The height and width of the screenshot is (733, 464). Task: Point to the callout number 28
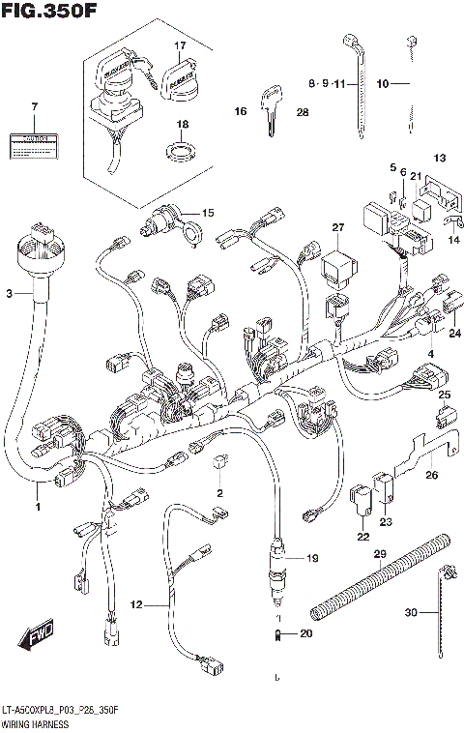click(302, 113)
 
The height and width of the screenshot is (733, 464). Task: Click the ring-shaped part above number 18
click(181, 150)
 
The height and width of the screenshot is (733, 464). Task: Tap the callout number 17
click(179, 46)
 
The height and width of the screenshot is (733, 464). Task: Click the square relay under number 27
click(338, 261)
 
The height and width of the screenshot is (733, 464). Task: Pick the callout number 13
click(439, 158)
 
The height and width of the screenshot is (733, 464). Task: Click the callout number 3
click(11, 293)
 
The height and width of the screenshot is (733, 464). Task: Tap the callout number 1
click(38, 507)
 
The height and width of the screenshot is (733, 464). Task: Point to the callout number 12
click(136, 605)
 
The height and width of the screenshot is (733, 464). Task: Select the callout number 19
click(311, 558)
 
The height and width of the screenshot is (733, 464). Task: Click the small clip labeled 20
click(277, 634)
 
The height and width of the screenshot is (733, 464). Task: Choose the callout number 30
click(410, 613)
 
